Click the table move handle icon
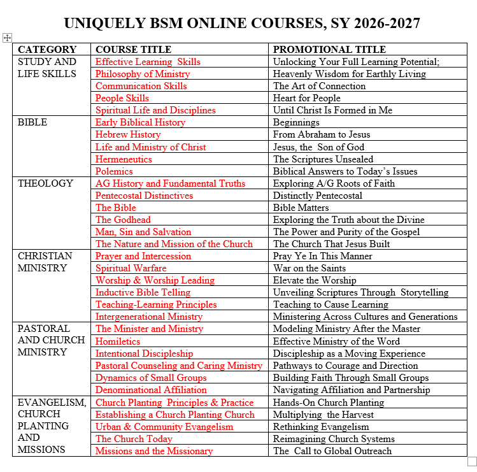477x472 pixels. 8,38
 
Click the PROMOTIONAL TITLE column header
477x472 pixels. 329,50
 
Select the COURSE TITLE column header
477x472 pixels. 133,50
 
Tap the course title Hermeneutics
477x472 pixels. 124,159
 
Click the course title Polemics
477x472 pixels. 114,171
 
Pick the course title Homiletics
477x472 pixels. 118,341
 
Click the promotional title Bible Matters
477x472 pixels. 301,208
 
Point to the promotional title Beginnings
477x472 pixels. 296,122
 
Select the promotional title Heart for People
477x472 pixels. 306,98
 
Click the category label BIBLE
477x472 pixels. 32,122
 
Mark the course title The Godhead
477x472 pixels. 123,220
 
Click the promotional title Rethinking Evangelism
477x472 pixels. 321,427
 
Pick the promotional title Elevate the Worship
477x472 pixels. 315,280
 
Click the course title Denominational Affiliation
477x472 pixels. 151,390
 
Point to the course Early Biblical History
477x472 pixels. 140,122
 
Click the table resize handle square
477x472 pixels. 472,461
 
